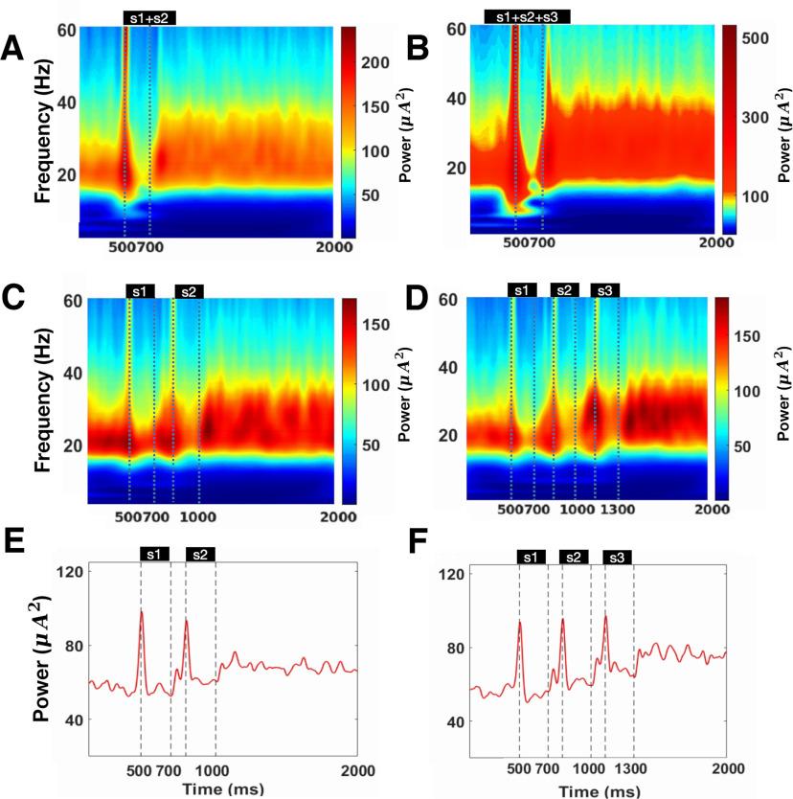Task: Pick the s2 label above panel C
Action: pyautogui.click(x=188, y=290)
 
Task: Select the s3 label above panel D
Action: pyautogui.click(x=604, y=289)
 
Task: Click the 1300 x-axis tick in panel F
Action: pyautogui.click(x=634, y=768)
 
